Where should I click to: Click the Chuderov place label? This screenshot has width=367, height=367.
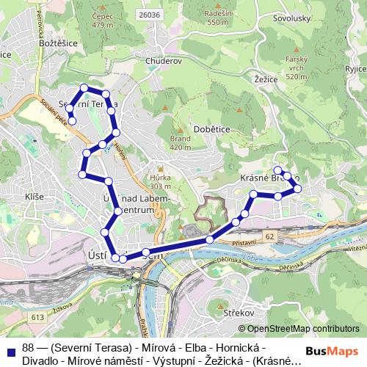pos(163,61)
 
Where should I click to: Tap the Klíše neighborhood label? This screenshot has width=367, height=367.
pos(34,197)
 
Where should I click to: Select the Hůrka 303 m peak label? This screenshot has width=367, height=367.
pos(159,181)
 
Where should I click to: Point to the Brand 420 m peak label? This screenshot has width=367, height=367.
pos(180,142)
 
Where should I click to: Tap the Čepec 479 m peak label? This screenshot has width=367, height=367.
pos(101,20)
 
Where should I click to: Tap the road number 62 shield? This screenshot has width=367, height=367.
pos(270,237)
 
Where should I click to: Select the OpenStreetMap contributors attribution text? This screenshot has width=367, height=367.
pos(303,329)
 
